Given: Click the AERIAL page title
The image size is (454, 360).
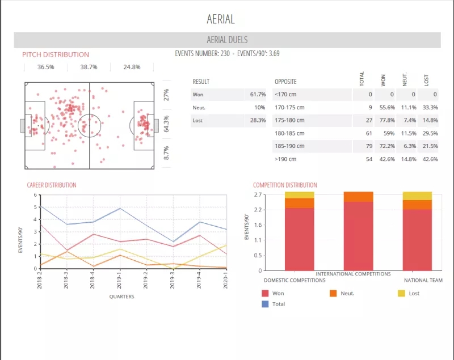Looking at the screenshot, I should (221, 19).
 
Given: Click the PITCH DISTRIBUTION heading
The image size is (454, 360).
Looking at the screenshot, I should (56, 54).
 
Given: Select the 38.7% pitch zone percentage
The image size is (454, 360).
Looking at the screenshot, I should (89, 67).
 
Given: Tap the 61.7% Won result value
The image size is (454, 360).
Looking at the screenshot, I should (257, 94).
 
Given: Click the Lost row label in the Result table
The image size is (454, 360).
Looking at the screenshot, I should (198, 120).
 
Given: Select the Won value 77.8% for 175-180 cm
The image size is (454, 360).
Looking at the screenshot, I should (388, 120).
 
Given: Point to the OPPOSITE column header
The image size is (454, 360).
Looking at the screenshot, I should (285, 82).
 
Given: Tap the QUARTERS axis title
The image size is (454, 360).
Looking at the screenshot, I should (122, 297).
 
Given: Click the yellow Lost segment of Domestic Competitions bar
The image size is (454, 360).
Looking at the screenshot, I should (299, 195).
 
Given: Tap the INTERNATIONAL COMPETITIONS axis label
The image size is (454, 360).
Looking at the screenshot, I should (353, 274).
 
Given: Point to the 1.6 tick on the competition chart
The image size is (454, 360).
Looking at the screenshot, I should (258, 225).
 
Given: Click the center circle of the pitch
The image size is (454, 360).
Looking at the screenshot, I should (89, 125).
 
